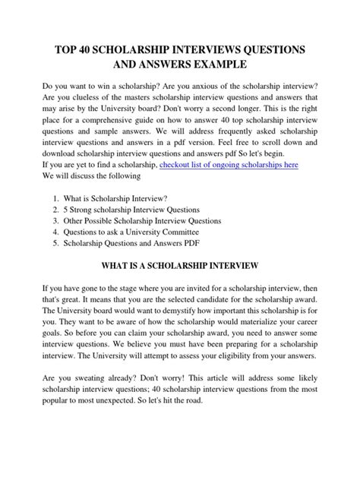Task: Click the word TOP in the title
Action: (x=68, y=49)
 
